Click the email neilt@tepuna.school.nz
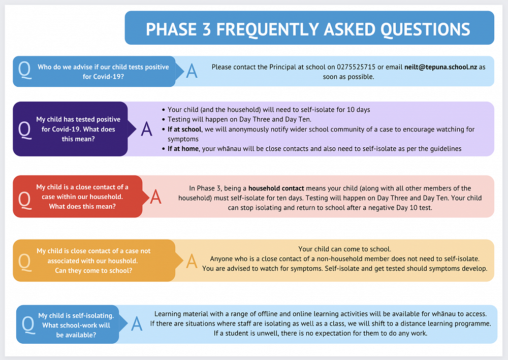tap(440, 67)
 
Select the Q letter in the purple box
tap(24, 129)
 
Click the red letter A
tap(155, 197)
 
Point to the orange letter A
tap(192, 260)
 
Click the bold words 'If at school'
tap(184, 129)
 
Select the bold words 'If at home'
tap(183, 148)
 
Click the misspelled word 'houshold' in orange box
tap(122, 260)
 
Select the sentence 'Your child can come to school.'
tap(344, 249)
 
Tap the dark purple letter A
tap(146, 129)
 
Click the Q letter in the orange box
tap(24, 261)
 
